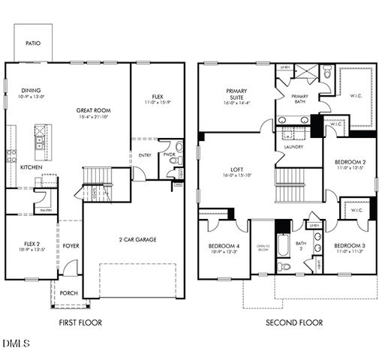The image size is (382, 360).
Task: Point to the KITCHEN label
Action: point(31,167)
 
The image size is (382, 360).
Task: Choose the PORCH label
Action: point(69,293)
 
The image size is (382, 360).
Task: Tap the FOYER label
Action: point(71,244)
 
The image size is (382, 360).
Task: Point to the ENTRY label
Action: point(144,155)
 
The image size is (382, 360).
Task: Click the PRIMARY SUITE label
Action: point(237,94)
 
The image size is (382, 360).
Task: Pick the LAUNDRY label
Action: point(293,147)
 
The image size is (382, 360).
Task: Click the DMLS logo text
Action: point(16,344)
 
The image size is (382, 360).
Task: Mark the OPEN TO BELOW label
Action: point(263,248)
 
